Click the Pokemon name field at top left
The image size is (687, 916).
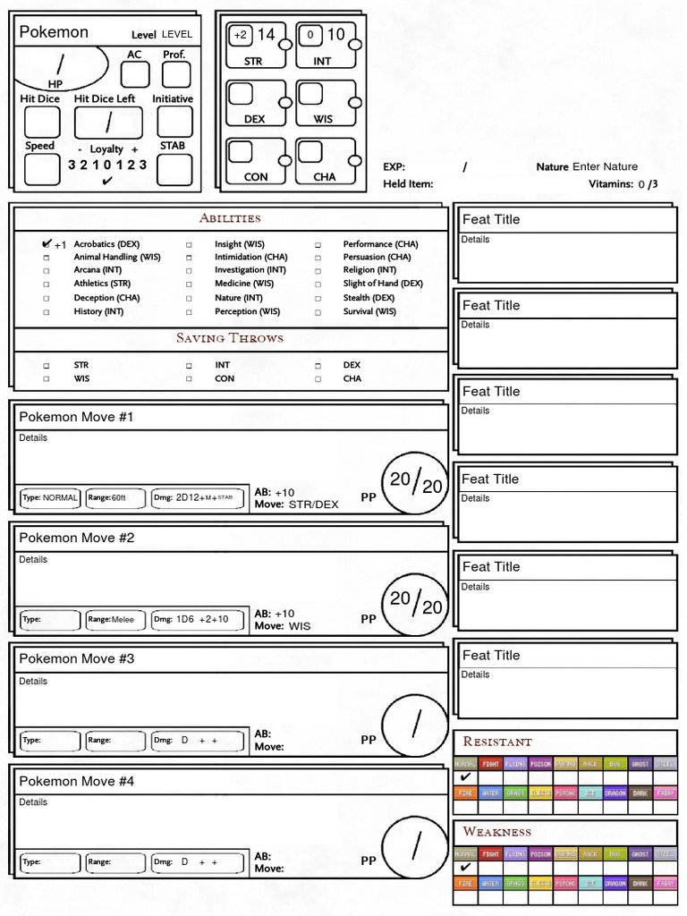point(54,32)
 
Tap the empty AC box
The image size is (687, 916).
point(135,74)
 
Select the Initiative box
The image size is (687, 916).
point(174,122)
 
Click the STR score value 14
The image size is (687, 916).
point(267,35)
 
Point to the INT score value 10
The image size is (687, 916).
point(335,35)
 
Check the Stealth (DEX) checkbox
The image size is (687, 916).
point(318,298)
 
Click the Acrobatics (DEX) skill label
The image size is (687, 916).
point(106,244)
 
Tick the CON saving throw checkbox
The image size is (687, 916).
point(189,379)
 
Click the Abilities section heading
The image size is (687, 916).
point(230,218)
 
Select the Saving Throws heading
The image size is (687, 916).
point(230,338)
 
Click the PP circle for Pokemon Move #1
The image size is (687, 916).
point(415,484)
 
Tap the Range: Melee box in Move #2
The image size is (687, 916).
point(115,619)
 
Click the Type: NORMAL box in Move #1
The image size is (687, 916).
point(50,497)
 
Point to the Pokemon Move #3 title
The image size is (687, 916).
point(77,659)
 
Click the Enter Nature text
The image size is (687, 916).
point(605,166)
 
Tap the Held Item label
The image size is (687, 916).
point(408,184)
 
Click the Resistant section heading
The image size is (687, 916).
point(497,742)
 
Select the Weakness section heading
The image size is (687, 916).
point(497,832)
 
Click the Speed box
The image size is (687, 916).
point(42,169)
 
